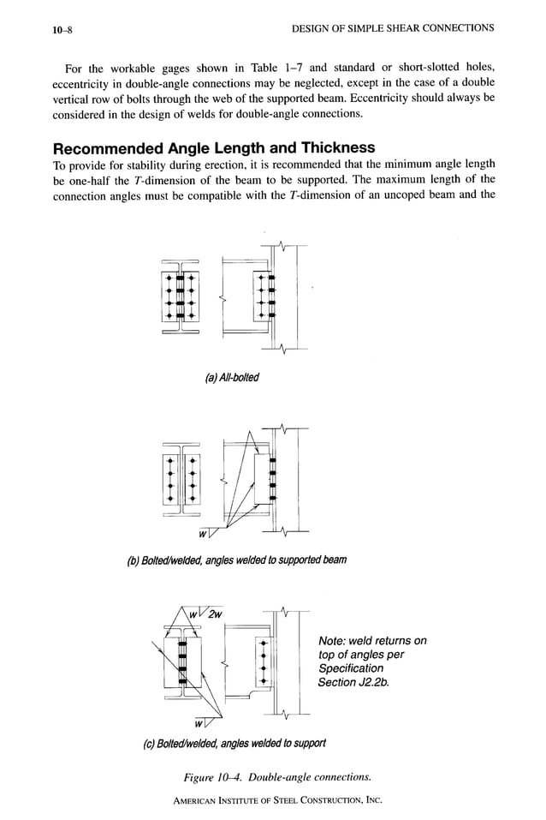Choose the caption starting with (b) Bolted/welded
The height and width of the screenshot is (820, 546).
pyautogui.click(x=236, y=560)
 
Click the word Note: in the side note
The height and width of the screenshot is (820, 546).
pyautogui.click(x=335, y=641)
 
